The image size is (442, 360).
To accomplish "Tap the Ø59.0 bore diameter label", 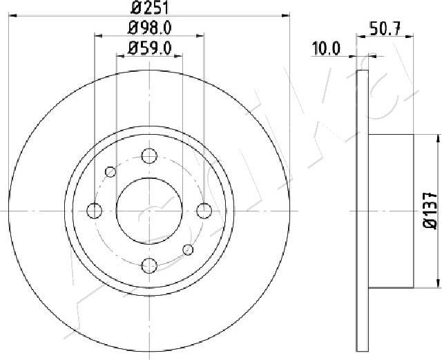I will (x=149, y=48).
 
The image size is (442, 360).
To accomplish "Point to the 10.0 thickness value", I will (x=326, y=48).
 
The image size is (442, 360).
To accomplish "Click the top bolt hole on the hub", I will (x=148, y=156).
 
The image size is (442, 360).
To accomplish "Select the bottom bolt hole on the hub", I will (x=148, y=264).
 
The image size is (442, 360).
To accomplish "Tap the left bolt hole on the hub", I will (x=95, y=210).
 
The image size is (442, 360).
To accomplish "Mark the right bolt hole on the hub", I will (x=203, y=210).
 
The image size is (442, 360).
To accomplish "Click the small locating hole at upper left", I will (x=110, y=171).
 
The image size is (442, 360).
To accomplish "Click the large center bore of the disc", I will (x=148, y=210).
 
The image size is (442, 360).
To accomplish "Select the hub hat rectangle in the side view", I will (x=391, y=210).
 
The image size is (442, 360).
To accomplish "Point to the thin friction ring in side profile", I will (x=363, y=210).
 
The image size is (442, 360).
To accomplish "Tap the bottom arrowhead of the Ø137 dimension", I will (x=438, y=282).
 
